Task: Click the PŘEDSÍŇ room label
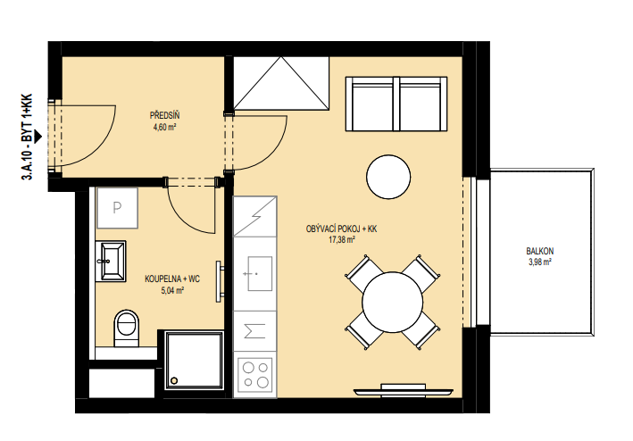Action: [164, 116]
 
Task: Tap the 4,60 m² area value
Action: [164, 127]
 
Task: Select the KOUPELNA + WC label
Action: [172, 279]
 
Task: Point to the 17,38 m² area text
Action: [342, 240]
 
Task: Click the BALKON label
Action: [540, 251]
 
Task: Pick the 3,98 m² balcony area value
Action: [540, 262]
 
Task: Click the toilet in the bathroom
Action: [127, 328]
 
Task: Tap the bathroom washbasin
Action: [111, 261]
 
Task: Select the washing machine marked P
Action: [117, 208]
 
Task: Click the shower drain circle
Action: [174, 380]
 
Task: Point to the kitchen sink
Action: [260, 273]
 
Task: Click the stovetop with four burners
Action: [255, 374]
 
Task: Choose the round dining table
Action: [393, 303]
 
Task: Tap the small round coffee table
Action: [388, 177]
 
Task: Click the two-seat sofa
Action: [396, 104]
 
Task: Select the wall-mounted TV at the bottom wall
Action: [404, 390]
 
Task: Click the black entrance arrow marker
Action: [37, 137]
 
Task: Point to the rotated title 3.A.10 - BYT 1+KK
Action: [27, 137]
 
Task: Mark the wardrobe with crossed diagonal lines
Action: [281, 83]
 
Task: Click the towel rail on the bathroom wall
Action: [220, 281]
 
